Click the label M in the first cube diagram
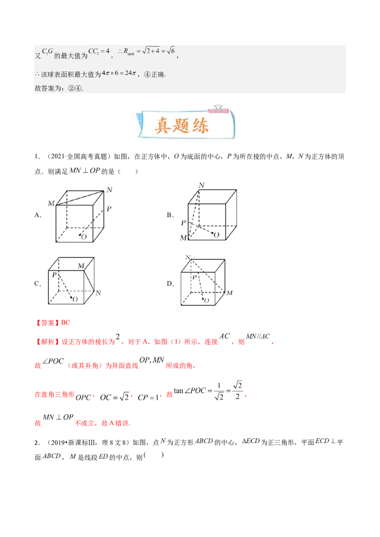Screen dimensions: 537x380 [x=51, y=204]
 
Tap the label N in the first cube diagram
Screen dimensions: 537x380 [x=109, y=190]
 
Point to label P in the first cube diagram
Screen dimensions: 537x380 [x=109, y=209]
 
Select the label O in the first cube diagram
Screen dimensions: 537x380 [x=84, y=237]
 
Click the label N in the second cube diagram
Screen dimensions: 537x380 [x=201, y=185]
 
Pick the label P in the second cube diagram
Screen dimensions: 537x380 [x=183, y=222]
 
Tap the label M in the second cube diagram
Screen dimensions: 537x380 [x=183, y=238]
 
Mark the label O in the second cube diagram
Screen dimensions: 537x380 [x=216, y=235]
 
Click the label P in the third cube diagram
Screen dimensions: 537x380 [x=54, y=275]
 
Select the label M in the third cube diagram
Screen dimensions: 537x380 [x=81, y=265]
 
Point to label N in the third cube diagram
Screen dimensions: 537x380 [x=98, y=293]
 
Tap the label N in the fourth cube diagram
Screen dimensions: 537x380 [x=188, y=258]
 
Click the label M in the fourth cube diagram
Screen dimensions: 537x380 [x=229, y=293]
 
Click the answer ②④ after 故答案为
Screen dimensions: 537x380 [x=76, y=88]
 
